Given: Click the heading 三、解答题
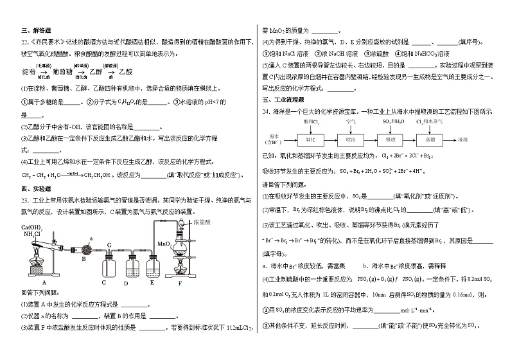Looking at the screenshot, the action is [31, 30].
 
